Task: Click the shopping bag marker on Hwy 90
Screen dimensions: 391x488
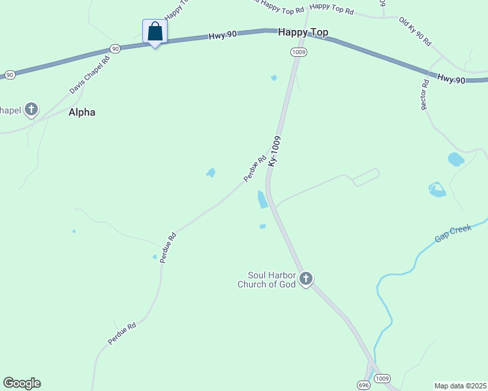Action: pos(155,31)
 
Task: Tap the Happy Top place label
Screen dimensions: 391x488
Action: pos(303,32)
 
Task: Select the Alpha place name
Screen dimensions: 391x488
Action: pos(82,112)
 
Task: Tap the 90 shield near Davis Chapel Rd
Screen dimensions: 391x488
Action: pos(115,49)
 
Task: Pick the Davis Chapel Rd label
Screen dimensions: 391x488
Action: pos(90,74)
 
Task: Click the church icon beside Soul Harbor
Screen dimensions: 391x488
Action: pos(305,280)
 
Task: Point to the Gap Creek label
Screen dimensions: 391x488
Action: pos(453,233)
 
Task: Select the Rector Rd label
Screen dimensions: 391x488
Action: pos(425,94)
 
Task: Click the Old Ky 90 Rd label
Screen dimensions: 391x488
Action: pos(416,31)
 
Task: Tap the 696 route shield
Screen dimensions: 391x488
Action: pos(363,384)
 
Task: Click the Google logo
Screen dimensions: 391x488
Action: pos(22,383)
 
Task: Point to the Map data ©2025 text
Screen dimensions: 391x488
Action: pos(460,385)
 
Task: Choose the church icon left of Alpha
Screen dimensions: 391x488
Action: pos(31,110)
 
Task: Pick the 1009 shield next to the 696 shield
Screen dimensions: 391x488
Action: pos(382,379)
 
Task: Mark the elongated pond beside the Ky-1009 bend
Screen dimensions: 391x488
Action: pos(262,199)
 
